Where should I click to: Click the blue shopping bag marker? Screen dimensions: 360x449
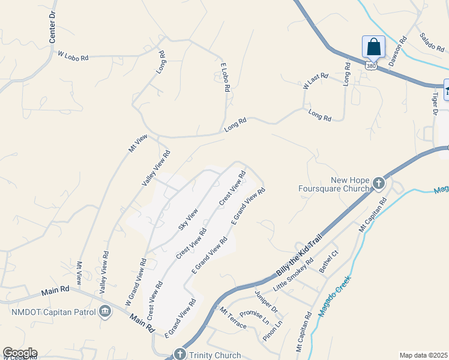pyautogui.click(x=373, y=46)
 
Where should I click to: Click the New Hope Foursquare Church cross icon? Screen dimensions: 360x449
pyautogui.click(x=379, y=183)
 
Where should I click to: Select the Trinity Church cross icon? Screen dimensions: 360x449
pyautogui.click(x=179, y=354)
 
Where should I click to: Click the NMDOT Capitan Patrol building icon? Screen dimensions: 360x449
pyautogui.click(x=105, y=310)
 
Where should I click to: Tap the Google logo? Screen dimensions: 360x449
pyautogui.click(x=20, y=353)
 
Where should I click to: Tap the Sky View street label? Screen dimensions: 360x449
pyautogui.click(x=188, y=220)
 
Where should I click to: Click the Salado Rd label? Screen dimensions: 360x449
pyautogui.click(x=431, y=42)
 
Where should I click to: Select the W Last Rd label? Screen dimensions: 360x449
pyautogui.click(x=316, y=80)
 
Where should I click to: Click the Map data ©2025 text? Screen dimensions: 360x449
pyautogui.click(x=423, y=355)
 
